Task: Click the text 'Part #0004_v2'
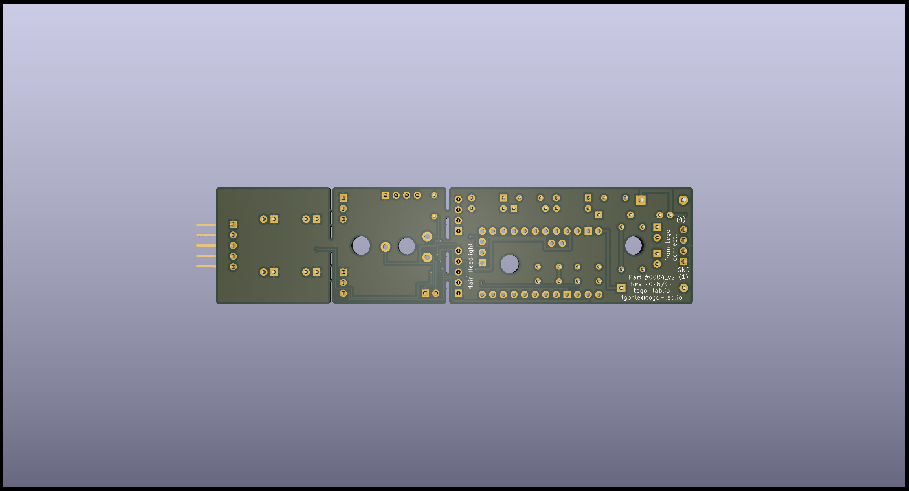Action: point(652,277)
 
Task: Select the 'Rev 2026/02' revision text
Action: point(652,284)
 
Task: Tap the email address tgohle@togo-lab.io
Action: point(652,298)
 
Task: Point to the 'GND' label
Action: point(683,270)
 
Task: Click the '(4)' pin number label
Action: point(681,220)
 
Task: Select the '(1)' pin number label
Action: point(683,277)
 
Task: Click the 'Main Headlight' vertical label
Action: point(470,266)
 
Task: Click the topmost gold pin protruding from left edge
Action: point(206,225)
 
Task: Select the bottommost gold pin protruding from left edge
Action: point(206,266)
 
